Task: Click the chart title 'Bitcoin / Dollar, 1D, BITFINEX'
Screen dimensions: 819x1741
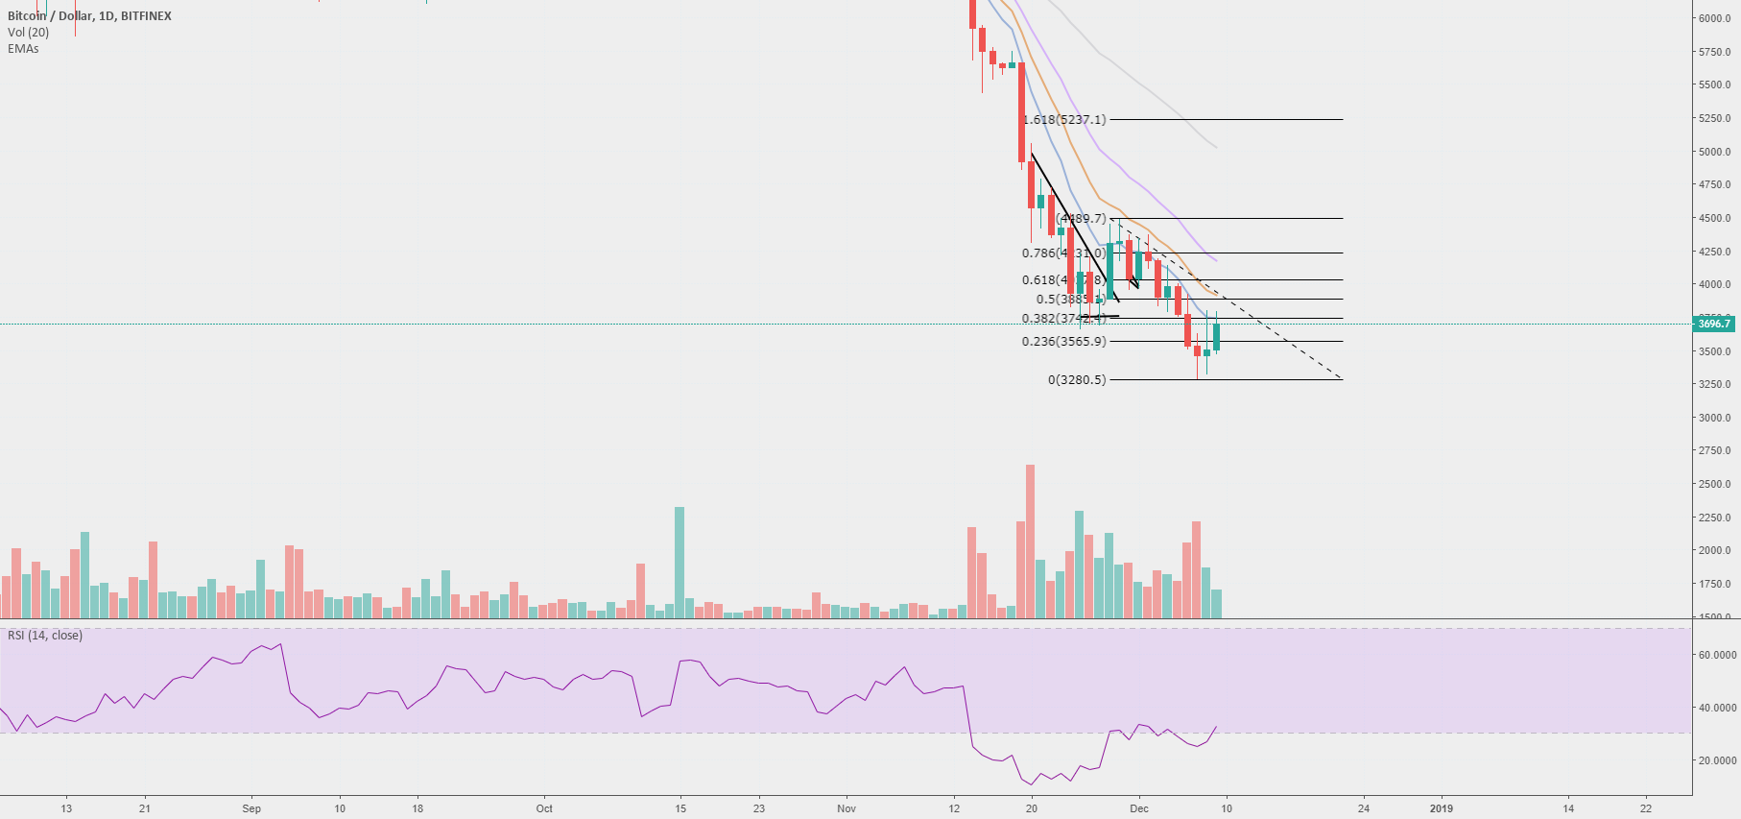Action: (x=89, y=16)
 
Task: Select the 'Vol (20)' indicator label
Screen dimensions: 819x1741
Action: (x=28, y=33)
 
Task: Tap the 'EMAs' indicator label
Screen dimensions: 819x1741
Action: (x=23, y=49)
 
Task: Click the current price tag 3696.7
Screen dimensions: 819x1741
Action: (x=1713, y=324)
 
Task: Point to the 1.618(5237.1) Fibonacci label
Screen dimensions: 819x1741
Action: (x=1064, y=120)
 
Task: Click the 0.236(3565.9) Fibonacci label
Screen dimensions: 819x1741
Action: (x=1063, y=342)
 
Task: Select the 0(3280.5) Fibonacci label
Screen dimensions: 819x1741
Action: (x=1077, y=380)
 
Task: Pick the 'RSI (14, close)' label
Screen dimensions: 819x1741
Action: (x=45, y=636)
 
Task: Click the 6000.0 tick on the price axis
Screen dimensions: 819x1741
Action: (x=1714, y=18)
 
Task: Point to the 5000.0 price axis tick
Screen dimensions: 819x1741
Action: (x=1714, y=152)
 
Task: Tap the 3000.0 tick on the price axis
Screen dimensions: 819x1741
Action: (x=1714, y=418)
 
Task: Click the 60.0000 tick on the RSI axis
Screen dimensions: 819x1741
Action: (x=1717, y=655)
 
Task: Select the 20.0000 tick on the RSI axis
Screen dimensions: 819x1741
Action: (x=1717, y=760)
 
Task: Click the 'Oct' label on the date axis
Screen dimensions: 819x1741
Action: (x=544, y=808)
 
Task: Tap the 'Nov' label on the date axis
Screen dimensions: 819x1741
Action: (x=846, y=808)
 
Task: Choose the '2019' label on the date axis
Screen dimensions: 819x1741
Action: (x=1441, y=808)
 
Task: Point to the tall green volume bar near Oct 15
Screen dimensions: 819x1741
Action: (x=680, y=562)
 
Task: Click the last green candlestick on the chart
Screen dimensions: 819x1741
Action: (x=1216, y=337)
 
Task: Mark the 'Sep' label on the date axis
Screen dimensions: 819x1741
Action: (x=251, y=808)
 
